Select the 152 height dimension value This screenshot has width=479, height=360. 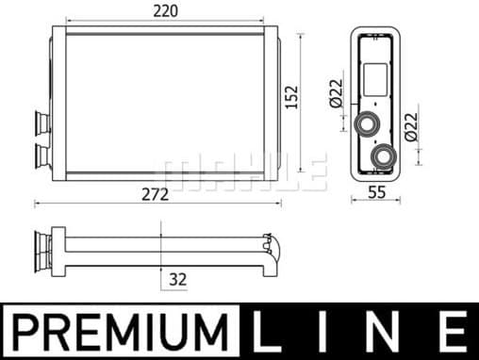292,96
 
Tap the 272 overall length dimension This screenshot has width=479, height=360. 156,194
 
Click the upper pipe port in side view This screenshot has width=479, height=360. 366,124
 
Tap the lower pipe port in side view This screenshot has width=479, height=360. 384,155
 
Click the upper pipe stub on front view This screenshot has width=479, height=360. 44,123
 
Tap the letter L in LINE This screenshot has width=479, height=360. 271,332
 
